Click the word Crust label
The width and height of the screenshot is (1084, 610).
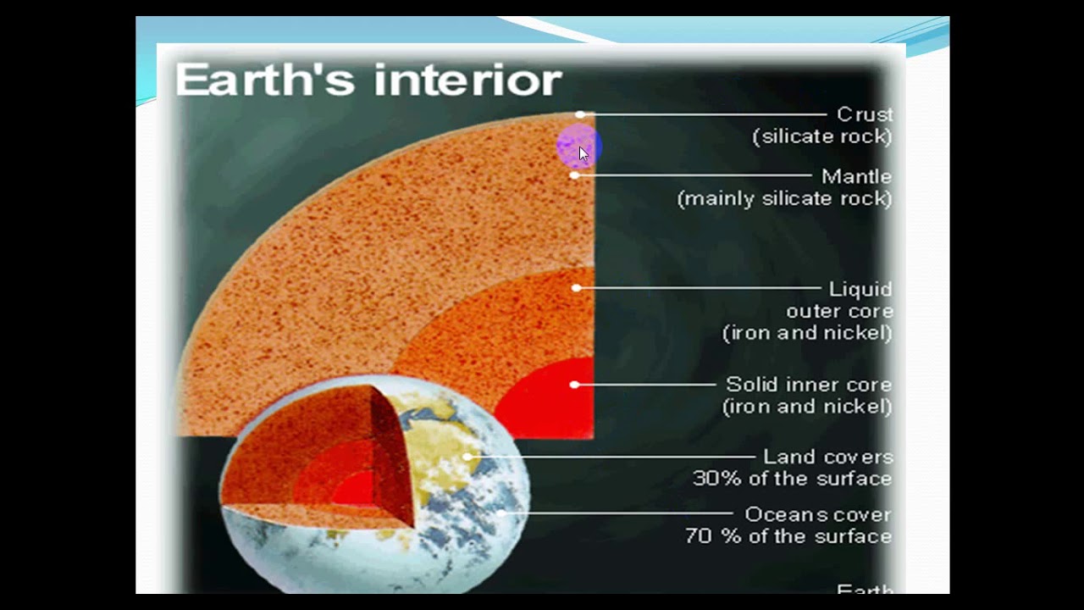coord(865,114)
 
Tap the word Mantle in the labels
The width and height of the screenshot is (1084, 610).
coord(856,177)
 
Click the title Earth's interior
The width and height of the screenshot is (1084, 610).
coord(368,80)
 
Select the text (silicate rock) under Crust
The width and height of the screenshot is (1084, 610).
coord(822,136)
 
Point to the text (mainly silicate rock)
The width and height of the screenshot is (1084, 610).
coord(784,199)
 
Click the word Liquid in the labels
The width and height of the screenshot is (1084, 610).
coord(860,290)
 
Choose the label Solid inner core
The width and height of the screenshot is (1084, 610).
coord(809,385)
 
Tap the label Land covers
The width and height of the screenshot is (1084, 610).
coord(828,457)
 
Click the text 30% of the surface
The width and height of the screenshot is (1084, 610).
coord(792,480)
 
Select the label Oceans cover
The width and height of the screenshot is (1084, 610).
coord(818,515)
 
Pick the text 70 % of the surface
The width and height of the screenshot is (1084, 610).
coord(788,537)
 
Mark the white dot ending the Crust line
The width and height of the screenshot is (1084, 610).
coord(580,114)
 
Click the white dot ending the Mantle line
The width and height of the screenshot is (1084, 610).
coord(575,175)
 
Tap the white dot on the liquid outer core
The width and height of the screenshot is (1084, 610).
coord(576,288)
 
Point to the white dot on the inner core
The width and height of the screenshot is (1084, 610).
coord(574,385)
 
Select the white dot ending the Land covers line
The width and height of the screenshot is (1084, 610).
coord(467,457)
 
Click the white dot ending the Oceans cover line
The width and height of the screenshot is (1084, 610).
coord(501,513)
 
